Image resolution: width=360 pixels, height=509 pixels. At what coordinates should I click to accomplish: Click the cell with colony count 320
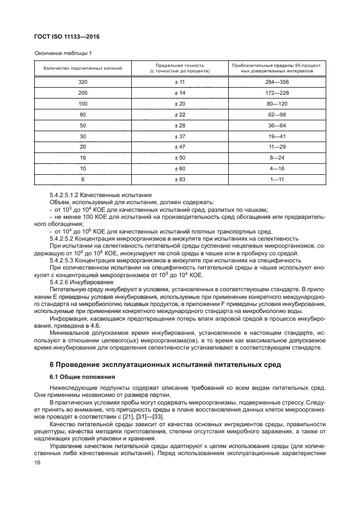83,82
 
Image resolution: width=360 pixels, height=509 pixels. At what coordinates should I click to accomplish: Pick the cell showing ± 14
180,93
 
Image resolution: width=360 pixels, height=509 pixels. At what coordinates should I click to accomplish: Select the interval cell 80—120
277,103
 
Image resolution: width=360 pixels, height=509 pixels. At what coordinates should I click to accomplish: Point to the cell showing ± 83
180,179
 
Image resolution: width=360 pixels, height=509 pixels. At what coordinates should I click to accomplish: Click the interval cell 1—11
277,179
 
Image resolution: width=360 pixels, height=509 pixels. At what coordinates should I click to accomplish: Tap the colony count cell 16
83,158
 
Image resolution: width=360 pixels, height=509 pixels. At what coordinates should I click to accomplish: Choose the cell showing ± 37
180,136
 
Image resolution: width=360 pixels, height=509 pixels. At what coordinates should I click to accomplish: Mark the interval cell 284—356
277,82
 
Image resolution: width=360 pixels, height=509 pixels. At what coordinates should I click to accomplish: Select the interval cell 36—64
277,125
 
